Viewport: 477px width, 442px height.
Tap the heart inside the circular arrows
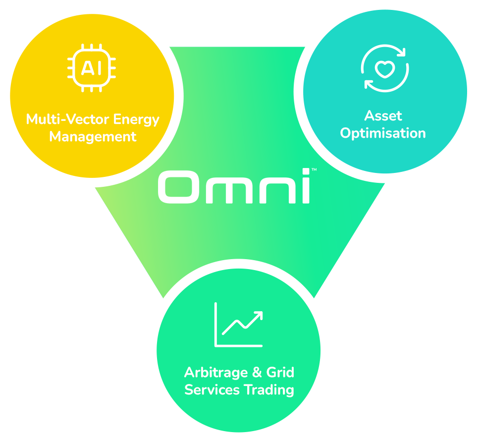point(383,69)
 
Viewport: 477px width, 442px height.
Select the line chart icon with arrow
point(238,325)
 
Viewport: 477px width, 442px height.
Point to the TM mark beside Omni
point(314,170)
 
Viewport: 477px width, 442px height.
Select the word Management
point(93,136)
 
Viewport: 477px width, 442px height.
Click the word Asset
point(383,116)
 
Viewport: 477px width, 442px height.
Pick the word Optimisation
point(383,133)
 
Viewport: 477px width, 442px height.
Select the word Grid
point(280,373)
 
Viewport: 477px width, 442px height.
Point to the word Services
point(212,389)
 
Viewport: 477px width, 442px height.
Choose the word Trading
point(268,389)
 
